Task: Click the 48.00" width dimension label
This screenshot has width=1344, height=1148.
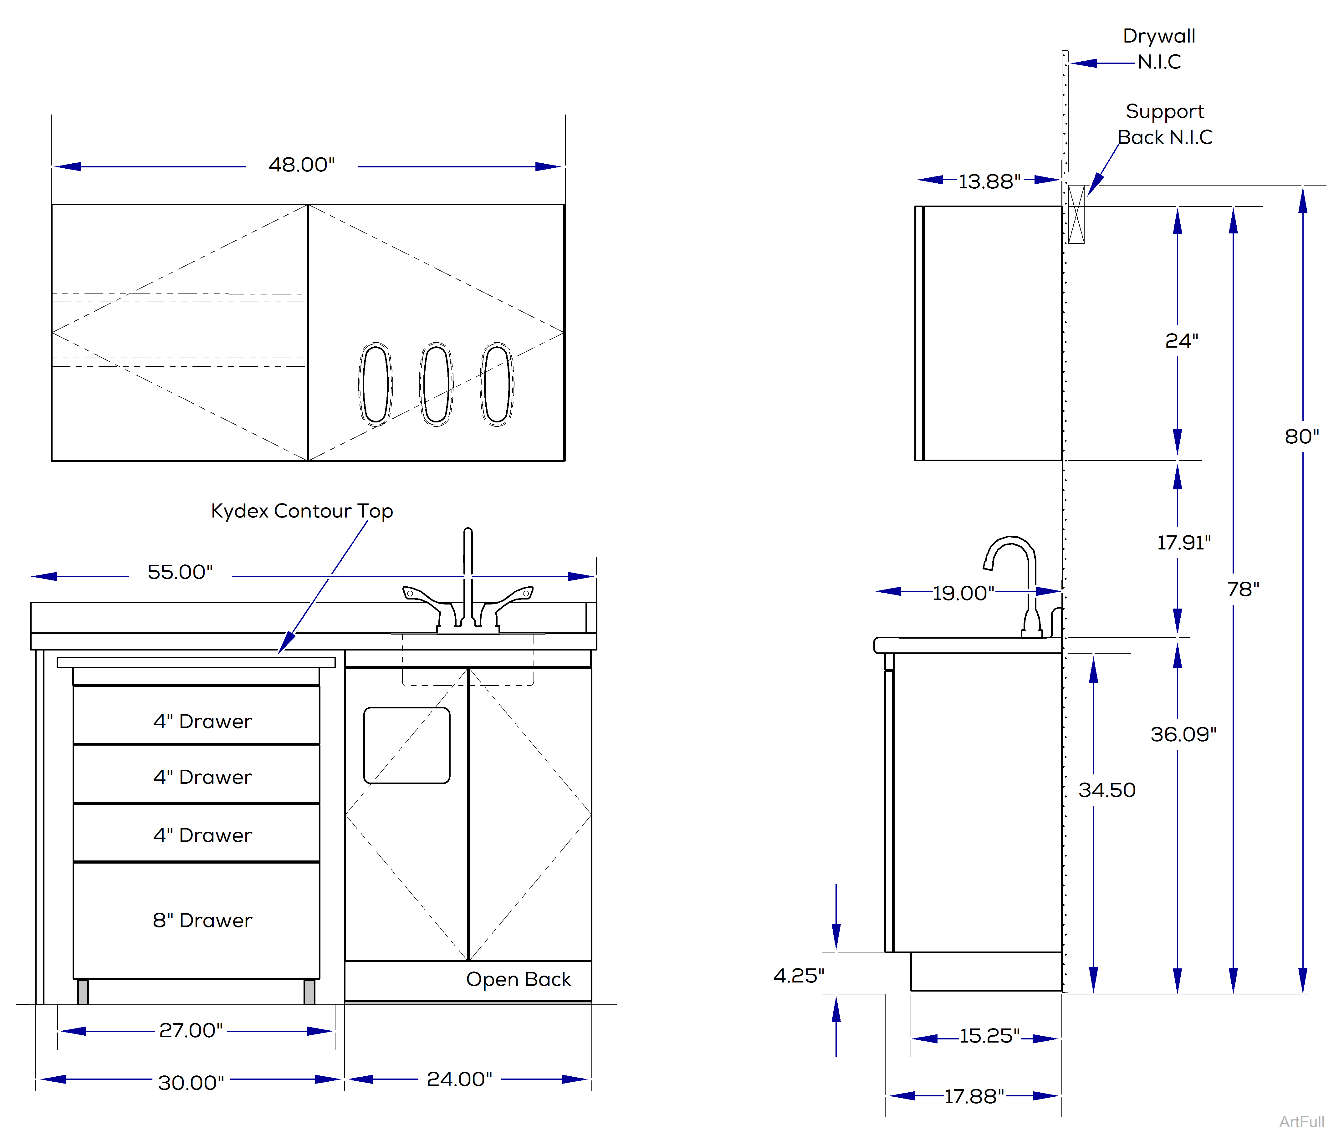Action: click(302, 165)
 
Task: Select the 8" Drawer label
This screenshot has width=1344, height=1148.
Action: click(202, 920)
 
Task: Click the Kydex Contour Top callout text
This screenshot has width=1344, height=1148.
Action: click(302, 511)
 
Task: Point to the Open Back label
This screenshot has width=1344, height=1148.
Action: click(518, 979)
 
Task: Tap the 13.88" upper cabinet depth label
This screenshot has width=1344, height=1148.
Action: click(989, 181)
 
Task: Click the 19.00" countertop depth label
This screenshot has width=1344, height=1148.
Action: click(963, 593)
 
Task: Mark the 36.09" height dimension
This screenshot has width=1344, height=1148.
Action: click(1183, 734)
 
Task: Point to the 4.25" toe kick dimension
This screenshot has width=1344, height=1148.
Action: click(799, 976)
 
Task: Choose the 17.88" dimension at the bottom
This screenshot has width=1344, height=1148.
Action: click(974, 1096)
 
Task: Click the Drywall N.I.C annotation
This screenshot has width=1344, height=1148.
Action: click(1159, 48)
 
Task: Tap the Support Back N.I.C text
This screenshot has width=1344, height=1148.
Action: click(1165, 124)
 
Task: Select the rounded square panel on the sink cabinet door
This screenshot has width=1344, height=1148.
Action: click(407, 745)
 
